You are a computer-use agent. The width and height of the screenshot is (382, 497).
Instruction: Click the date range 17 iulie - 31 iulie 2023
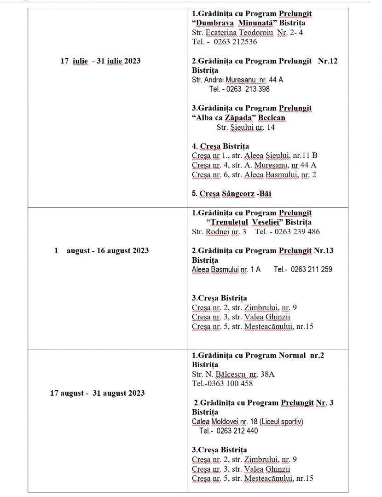click(100, 61)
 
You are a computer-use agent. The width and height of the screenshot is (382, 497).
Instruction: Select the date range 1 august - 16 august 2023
click(101, 251)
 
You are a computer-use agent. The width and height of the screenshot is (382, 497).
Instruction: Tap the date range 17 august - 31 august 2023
click(97, 393)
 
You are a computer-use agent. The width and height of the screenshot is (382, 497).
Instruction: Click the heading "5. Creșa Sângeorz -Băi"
click(232, 194)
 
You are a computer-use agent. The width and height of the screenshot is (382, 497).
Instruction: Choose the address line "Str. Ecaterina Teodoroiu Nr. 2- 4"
click(247, 33)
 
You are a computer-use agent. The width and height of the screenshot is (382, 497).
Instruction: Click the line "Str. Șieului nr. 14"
click(245, 127)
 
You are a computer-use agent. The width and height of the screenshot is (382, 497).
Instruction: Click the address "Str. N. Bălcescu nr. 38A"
click(233, 374)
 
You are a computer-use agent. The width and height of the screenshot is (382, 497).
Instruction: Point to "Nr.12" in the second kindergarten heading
click(328, 61)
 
